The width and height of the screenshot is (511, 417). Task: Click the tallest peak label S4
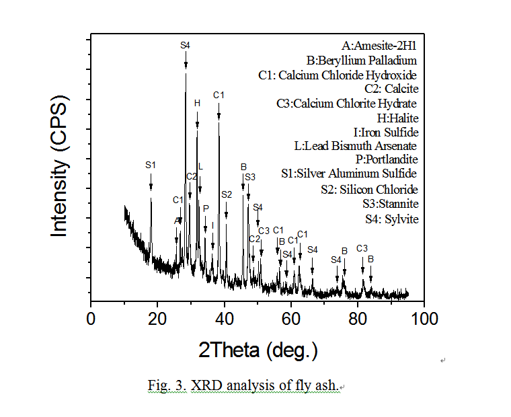[x=186, y=45]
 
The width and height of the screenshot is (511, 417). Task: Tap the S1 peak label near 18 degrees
[x=151, y=165]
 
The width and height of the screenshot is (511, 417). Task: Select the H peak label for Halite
[x=197, y=104]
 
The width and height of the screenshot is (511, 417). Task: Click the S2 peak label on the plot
[x=226, y=194]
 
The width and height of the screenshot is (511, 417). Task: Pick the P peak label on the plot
[x=206, y=208]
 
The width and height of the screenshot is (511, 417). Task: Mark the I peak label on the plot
[x=212, y=225]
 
